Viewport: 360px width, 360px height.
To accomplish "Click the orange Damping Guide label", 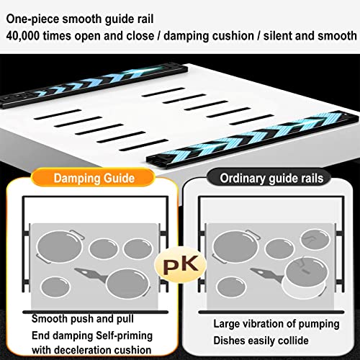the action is [x=93, y=178].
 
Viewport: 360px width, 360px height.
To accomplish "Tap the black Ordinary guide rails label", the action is [x=270, y=178].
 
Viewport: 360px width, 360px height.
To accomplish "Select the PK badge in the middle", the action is [x=181, y=265].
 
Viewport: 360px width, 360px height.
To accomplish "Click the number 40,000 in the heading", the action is [x=23, y=36].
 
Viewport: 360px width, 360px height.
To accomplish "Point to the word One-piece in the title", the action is [x=32, y=19].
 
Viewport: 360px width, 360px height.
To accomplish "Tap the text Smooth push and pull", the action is [x=83, y=319].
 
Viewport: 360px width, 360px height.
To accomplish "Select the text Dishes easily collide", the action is [x=261, y=341].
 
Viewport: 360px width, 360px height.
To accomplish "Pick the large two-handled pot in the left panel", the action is [x=60, y=246].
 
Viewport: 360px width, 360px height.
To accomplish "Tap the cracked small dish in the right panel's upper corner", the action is [x=315, y=239].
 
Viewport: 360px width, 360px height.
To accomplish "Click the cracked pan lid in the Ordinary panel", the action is [x=307, y=271].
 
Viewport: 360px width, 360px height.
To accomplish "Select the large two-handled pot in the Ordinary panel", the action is [x=236, y=246].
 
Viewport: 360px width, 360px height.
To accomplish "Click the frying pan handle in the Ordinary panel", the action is [x=266, y=274].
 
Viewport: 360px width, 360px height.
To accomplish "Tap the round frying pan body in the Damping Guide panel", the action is [x=128, y=284].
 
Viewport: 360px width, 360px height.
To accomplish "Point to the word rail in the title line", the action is [x=145, y=19].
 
